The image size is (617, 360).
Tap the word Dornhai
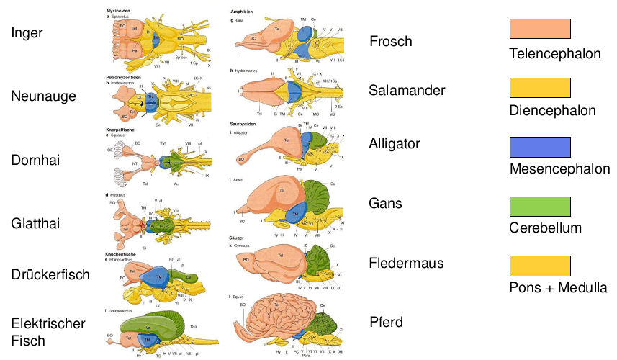click(34, 159)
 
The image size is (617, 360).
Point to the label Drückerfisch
click(50, 274)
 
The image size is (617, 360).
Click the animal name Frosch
click(391, 41)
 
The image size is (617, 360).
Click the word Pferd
click(387, 322)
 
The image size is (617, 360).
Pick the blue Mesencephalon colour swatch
click(540, 146)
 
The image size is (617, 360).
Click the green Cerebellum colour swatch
click(540, 206)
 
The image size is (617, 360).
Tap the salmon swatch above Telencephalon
click(540, 29)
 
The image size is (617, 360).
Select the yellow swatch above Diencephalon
click(540, 87)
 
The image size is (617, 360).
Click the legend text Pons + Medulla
click(558, 288)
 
